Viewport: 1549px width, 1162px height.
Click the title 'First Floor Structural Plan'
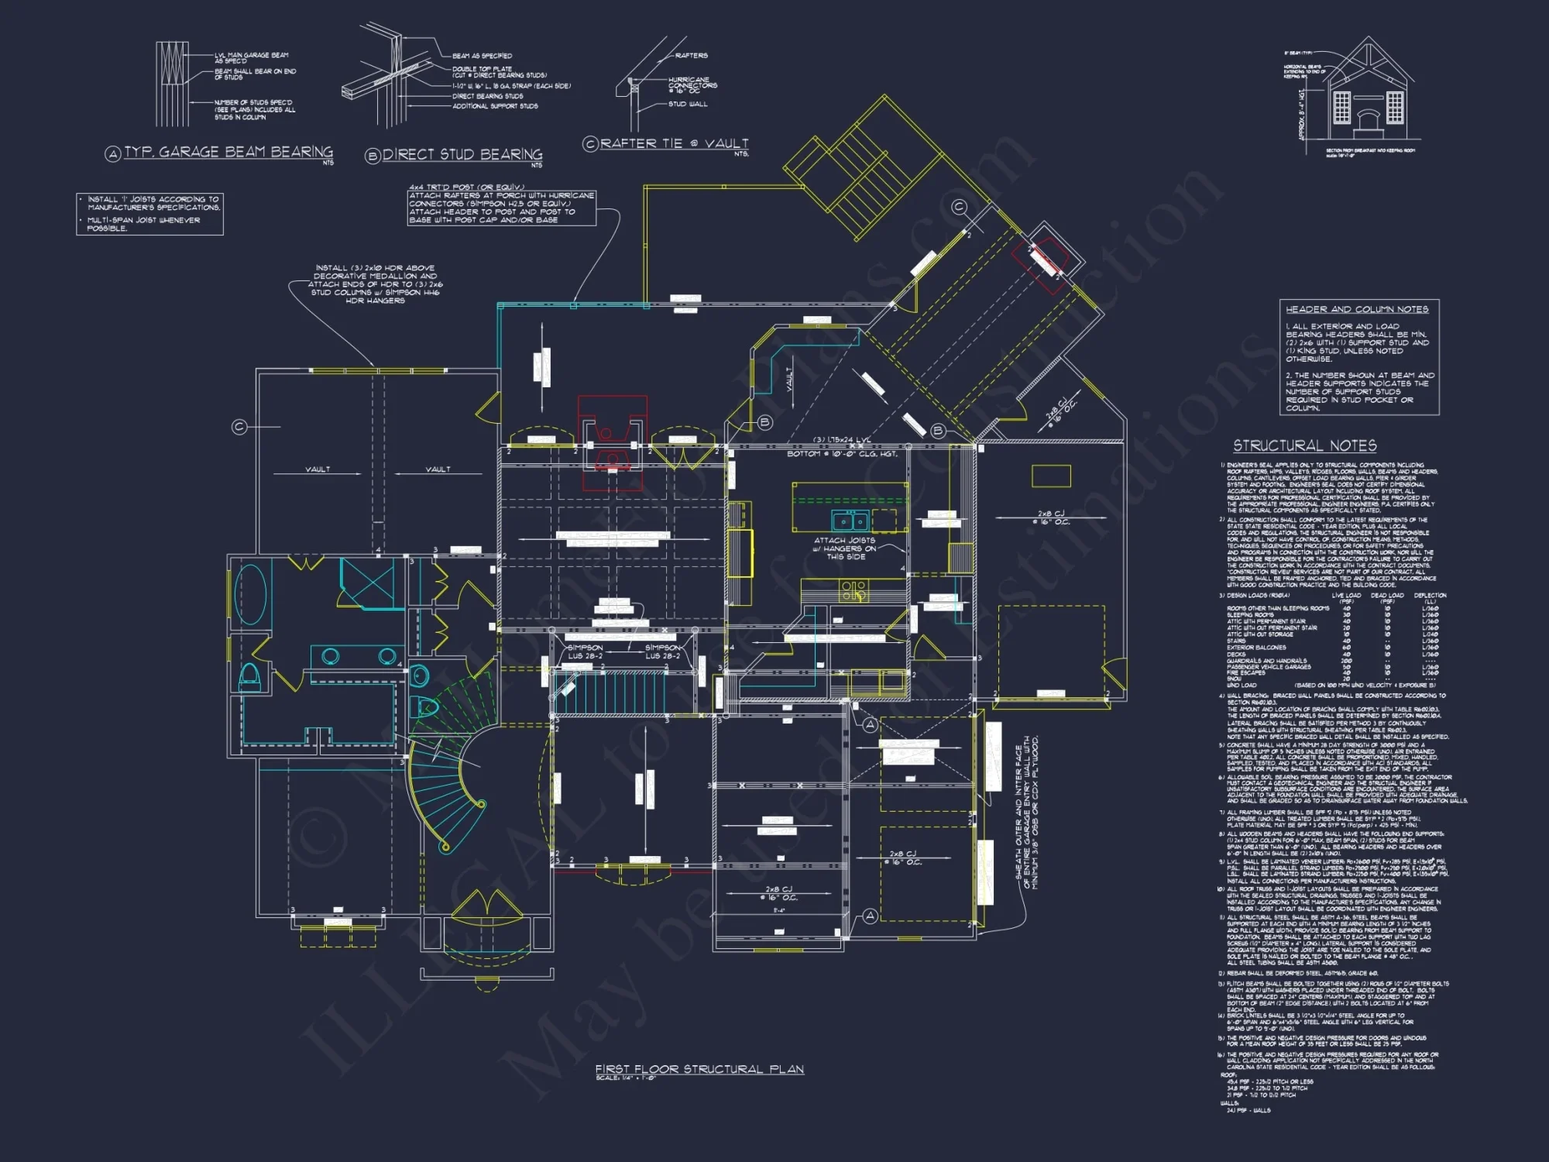(699, 1069)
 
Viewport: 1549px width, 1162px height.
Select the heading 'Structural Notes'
(1304, 445)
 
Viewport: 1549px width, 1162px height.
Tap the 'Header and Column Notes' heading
(1357, 309)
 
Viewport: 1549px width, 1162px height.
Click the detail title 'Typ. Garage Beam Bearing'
(228, 152)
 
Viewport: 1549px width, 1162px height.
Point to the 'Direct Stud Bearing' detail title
(462, 155)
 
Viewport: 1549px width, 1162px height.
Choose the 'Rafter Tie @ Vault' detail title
(674, 143)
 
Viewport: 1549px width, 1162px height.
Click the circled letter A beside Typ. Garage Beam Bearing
(113, 154)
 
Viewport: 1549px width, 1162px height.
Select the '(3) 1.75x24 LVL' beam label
(842, 440)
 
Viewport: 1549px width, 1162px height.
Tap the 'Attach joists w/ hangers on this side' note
(845, 548)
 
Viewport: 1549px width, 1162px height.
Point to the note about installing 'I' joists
(150, 214)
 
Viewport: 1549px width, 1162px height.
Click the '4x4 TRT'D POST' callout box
(501, 205)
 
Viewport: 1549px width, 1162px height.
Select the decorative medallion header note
(375, 284)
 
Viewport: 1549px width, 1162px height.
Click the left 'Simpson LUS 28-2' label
(585, 651)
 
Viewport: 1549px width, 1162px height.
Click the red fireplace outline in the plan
(612, 442)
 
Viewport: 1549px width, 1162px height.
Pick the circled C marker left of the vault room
(239, 427)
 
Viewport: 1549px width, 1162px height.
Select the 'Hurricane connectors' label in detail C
(692, 84)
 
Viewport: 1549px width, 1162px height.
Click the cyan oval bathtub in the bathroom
(250, 594)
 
